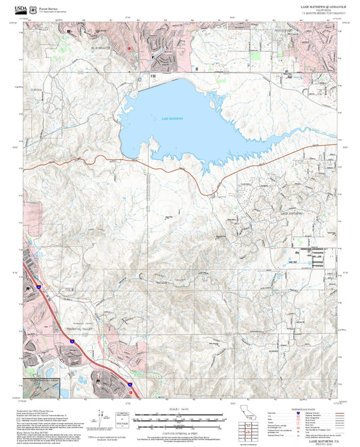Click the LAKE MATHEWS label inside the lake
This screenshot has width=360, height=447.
coord(172,118)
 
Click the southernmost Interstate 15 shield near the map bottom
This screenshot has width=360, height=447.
coord(126,384)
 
